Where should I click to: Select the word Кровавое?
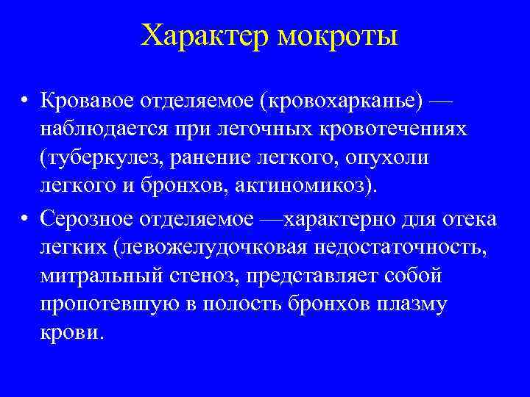click(90, 99)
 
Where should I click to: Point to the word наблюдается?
click(99, 128)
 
